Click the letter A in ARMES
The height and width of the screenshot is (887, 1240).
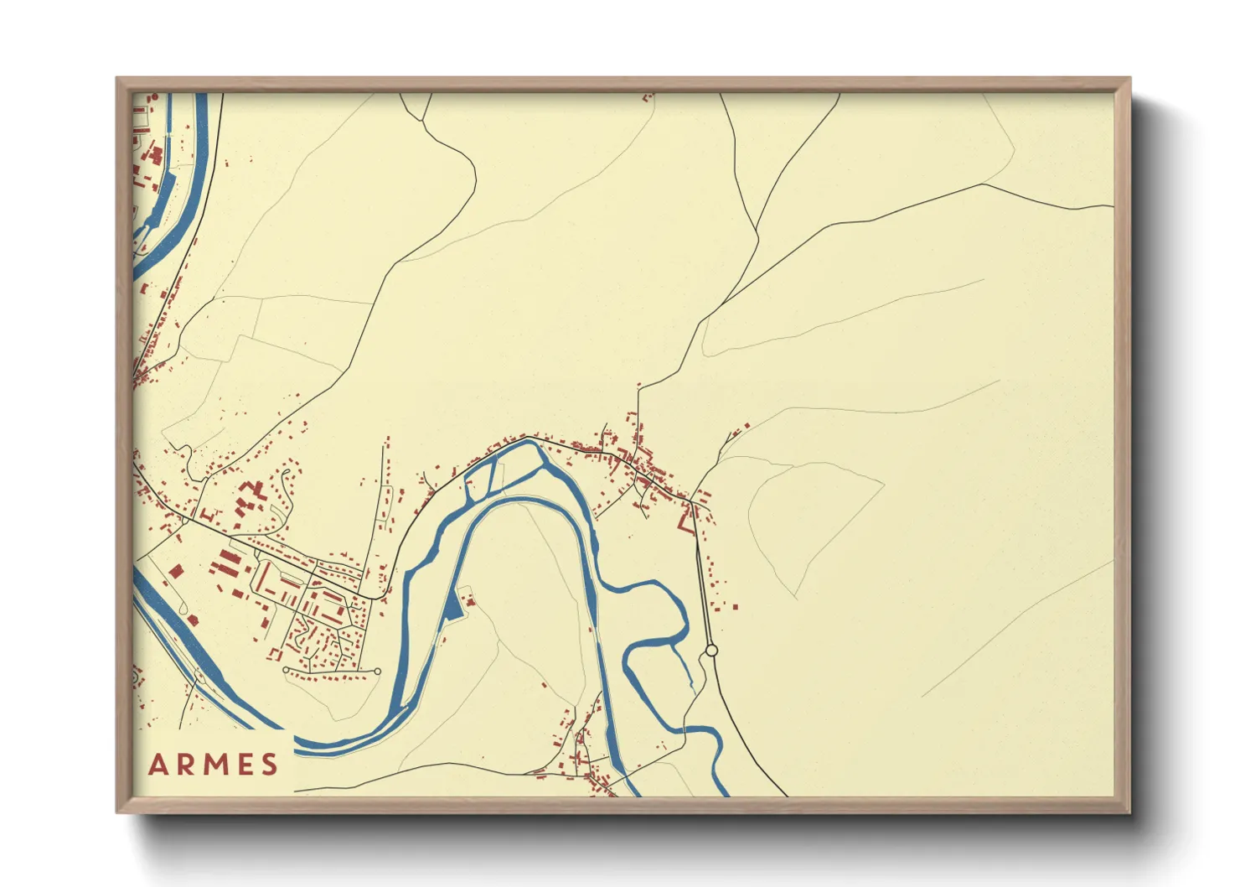click(158, 765)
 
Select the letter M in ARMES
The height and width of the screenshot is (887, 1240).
click(217, 765)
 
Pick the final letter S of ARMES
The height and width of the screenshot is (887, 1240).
click(269, 765)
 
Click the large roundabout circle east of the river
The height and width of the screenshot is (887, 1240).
click(711, 651)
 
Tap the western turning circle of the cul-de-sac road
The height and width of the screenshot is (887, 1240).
click(286, 670)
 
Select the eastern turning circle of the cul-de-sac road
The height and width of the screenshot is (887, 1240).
click(377, 672)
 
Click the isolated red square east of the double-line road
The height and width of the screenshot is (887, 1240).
click(735, 605)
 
